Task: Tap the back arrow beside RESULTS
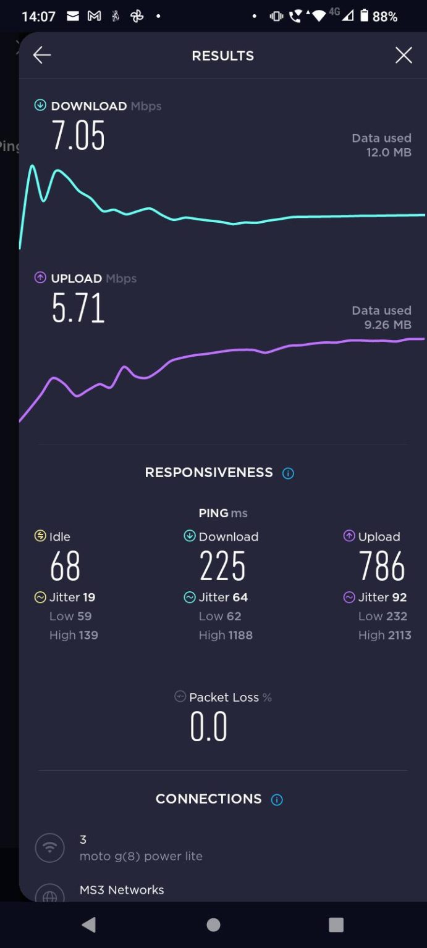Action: (x=42, y=56)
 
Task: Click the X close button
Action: (x=404, y=56)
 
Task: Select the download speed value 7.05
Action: (x=78, y=136)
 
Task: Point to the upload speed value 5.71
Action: (x=78, y=309)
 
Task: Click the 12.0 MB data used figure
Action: (x=388, y=152)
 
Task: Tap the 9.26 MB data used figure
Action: (x=387, y=325)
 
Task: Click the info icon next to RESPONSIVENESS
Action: (x=288, y=473)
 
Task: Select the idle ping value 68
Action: (x=65, y=567)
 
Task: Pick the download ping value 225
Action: (x=222, y=567)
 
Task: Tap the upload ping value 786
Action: (x=382, y=567)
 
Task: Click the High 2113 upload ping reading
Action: (x=384, y=635)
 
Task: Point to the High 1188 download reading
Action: (x=226, y=635)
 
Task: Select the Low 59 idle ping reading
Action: (x=70, y=616)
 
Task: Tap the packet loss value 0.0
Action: (x=209, y=727)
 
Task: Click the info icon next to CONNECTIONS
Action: (x=277, y=800)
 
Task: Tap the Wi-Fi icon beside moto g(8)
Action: (x=50, y=847)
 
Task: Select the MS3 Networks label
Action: (x=122, y=890)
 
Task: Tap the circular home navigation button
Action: (x=213, y=925)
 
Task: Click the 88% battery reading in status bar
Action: (x=384, y=17)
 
